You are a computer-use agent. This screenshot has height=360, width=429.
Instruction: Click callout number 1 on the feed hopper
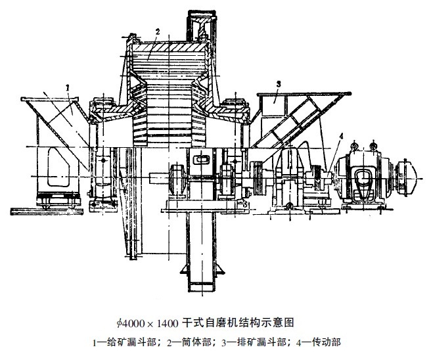pyautogui.click(x=68, y=87)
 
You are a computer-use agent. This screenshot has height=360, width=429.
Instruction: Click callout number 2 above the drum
pyautogui.click(x=157, y=32)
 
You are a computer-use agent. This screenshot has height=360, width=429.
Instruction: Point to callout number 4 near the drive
pyautogui.click(x=340, y=136)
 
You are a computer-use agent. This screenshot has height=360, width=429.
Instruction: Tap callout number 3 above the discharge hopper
pyautogui.click(x=279, y=84)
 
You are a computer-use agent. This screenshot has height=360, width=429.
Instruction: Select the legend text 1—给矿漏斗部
pyautogui.click(x=124, y=342)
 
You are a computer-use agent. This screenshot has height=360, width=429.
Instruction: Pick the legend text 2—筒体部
pyautogui.click(x=189, y=342)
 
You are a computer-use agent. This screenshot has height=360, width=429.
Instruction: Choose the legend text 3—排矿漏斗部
pyautogui.click(x=254, y=342)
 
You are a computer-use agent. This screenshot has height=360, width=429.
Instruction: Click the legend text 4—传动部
pyautogui.click(x=319, y=342)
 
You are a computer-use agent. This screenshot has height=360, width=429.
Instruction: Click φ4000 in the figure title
pyautogui.click(x=130, y=323)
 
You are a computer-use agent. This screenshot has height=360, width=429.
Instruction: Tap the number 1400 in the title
pyautogui.click(x=168, y=324)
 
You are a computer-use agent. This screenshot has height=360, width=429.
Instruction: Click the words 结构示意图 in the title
pyautogui.click(x=266, y=323)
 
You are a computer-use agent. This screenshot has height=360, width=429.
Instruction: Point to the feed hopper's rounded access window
pyautogui.click(x=58, y=167)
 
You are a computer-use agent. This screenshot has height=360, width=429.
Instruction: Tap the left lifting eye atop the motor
pyautogui.click(x=355, y=146)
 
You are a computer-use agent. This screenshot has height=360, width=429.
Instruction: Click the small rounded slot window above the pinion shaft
pyautogui.click(x=201, y=159)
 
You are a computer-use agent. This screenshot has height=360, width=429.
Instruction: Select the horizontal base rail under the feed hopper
pyautogui.click(x=47, y=211)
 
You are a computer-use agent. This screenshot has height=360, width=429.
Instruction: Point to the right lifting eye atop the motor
pyautogui.click(x=373, y=145)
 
